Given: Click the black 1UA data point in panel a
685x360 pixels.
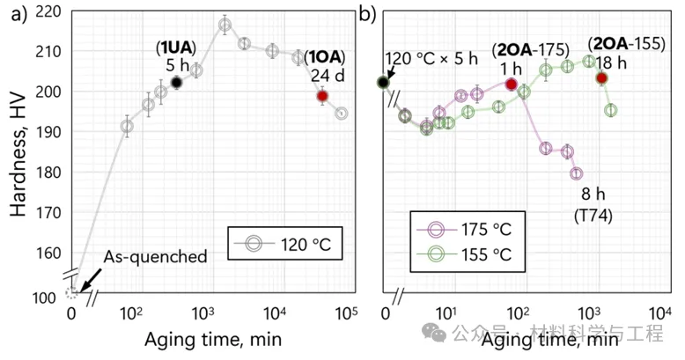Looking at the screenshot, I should tap(176, 83).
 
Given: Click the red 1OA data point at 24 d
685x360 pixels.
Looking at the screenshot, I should tap(322, 96).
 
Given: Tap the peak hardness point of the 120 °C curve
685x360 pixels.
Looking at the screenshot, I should tap(225, 25).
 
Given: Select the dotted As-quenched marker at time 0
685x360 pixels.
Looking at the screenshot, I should tap(72, 292).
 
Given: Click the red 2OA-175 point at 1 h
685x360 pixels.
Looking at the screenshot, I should tap(512, 84).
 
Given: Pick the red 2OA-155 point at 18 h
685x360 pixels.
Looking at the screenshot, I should tap(601, 77).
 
